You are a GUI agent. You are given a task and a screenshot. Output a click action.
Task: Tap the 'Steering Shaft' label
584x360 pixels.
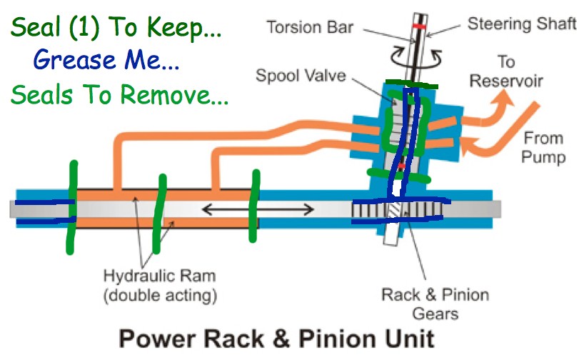(522, 24)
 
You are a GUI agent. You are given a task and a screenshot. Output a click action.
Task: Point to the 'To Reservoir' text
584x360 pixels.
(506, 71)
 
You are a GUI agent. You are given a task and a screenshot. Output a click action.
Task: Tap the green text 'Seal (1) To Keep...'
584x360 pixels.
(116, 29)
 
